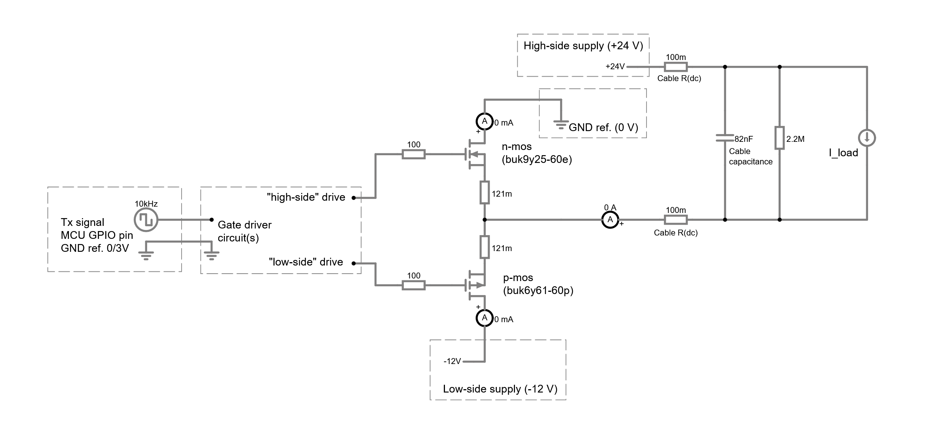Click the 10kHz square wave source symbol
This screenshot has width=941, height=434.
pyautogui.click(x=146, y=220)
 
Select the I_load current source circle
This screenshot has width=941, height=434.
pyautogui.click(x=867, y=138)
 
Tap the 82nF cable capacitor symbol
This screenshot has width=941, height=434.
pyautogui.click(x=725, y=138)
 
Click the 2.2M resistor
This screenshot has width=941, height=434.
pyautogui.click(x=779, y=138)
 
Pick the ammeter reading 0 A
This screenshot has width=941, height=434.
pyautogui.click(x=610, y=220)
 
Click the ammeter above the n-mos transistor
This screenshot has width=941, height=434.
pyautogui.click(x=484, y=121)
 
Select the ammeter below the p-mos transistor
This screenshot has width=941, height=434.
pyautogui.click(x=484, y=318)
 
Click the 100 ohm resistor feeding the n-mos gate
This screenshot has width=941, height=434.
pyautogui.click(x=413, y=154)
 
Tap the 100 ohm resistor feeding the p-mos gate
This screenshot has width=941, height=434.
pyautogui.click(x=413, y=285)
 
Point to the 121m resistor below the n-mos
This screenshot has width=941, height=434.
pyautogui.click(x=484, y=192)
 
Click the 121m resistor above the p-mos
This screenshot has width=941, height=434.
pyautogui.click(x=484, y=247)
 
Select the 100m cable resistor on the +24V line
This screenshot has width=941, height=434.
pyautogui.click(x=675, y=67)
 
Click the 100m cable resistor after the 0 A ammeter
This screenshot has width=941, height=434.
pyautogui.click(x=675, y=220)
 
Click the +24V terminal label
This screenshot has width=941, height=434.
pyautogui.click(x=615, y=67)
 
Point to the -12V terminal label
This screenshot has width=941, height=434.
pyautogui.click(x=452, y=361)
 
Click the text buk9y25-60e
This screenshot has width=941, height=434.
pyautogui.click(x=537, y=160)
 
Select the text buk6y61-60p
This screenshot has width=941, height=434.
pyautogui.click(x=538, y=291)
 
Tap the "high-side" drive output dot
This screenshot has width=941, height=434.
pyautogui.click(x=353, y=198)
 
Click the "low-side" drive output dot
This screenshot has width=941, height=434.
pyautogui.click(x=353, y=263)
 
